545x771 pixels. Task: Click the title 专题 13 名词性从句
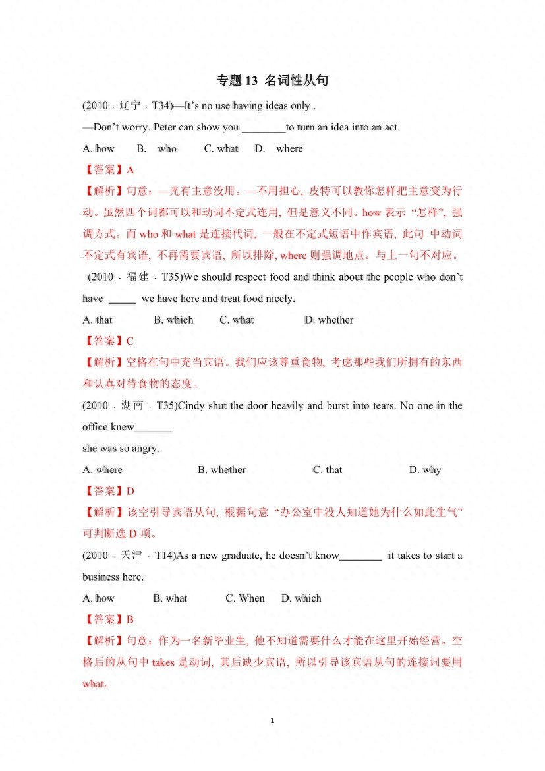click(272, 81)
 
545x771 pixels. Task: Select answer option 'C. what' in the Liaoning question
click(221, 149)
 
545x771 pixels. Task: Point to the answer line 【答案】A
click(109, 170)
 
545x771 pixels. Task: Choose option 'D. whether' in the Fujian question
click(329, 320)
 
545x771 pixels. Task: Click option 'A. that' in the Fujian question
click(98, 320)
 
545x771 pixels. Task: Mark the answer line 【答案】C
click(109, 341)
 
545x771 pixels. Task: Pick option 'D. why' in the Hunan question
click(425, 470)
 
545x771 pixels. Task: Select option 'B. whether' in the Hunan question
click(221, 470)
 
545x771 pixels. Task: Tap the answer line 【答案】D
click(109, 491)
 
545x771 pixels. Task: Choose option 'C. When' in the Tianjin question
click(245, 598)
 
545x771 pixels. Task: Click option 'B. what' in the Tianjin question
click(170, 598)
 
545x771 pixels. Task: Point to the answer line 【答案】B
click(109, 619)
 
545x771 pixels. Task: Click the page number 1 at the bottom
click(272, 721)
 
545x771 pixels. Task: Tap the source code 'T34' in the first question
click(160, 106)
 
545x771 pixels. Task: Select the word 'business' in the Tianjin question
click(101, 577)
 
